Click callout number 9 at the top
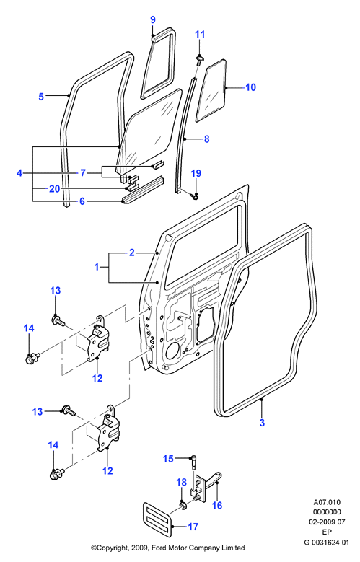coord(153,19)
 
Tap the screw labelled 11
coord(199,59)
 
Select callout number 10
coord(250,87)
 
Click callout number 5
coord(41,96)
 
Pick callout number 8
coord(206,139)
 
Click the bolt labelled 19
coord(196,196)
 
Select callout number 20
coord(55,188)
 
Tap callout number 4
coord(19,173)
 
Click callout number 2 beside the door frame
coord(132,253)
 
